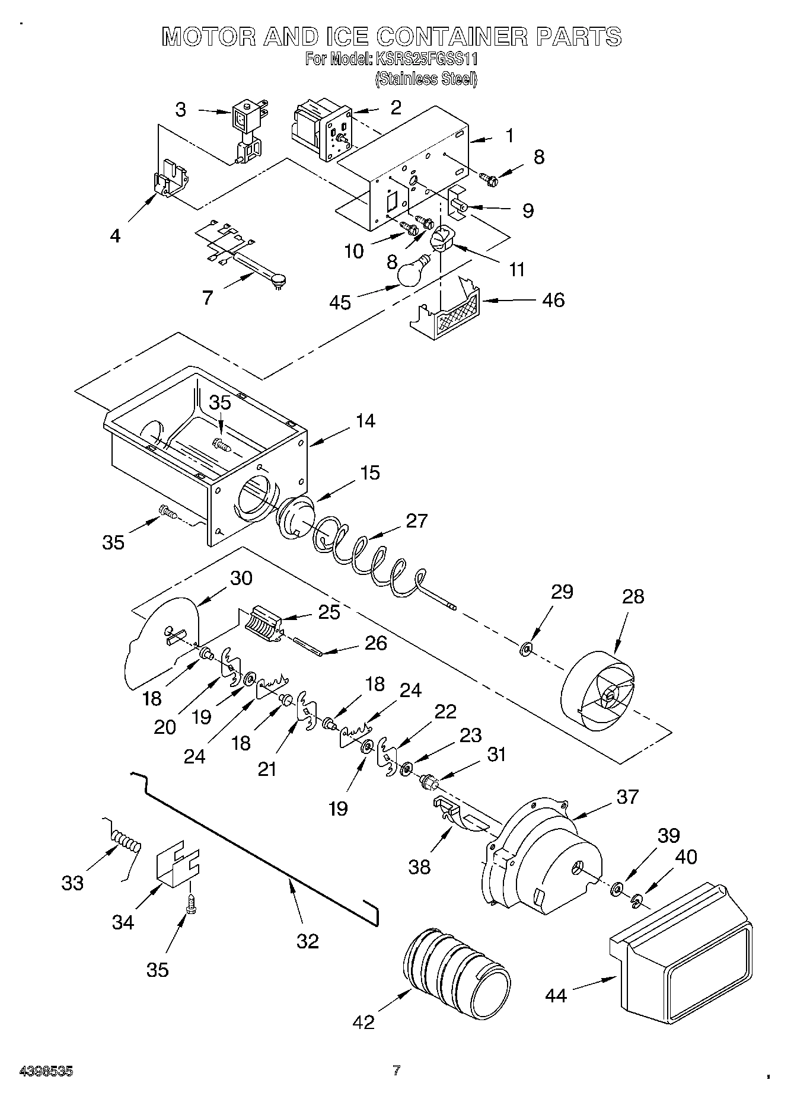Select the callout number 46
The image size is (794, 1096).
tap(553, 300)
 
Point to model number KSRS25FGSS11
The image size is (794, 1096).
tap(425, 59)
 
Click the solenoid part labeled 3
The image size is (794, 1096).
tap(246, 133)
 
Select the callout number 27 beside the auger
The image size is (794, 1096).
tap(417, 520)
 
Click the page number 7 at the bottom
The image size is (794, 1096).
tap(396, 1070)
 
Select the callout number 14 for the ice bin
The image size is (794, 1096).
tap(365, 421)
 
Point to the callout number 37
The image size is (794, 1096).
tap(627, 797)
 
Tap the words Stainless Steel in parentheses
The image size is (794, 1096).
tap(426, 78)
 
